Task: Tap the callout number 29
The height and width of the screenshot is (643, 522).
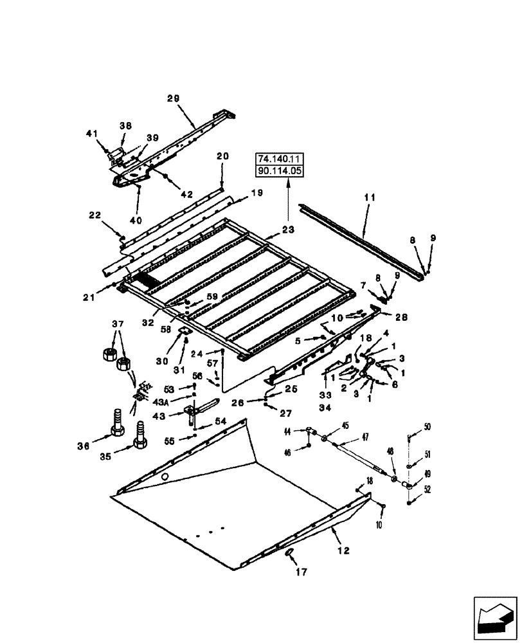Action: click(x=173, y=98)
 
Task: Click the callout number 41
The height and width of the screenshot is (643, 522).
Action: click(x=91, y=134)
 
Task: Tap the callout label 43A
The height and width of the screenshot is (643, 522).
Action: click(x=161, y=402)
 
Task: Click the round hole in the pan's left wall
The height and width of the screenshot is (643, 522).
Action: click(x=166, y=477)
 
